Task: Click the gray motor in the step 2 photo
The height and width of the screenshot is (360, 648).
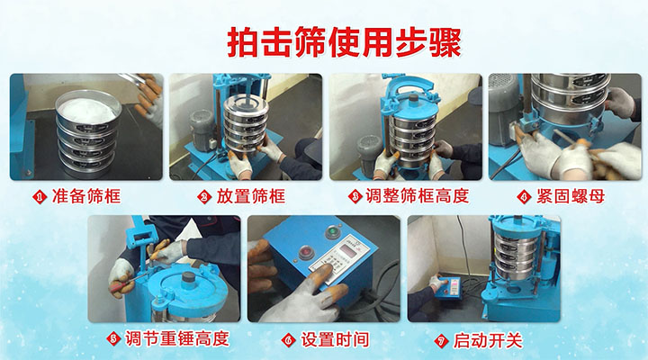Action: click(202, 126)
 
